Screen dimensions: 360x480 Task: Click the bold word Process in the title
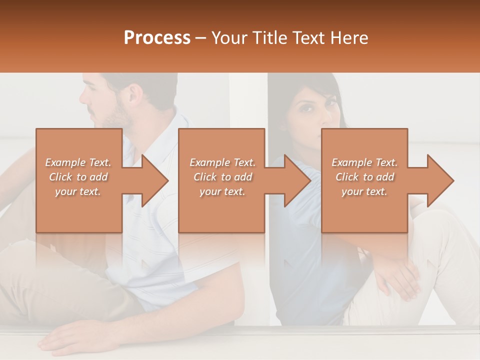pyautogui.click(x=157, y=38)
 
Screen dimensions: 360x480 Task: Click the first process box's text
pyautogui.click(x=78, y=177)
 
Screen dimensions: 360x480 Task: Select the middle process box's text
pyautogui.click(x=222, y=177)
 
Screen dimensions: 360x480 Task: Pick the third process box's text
pyautogui.click(x=364, y=177)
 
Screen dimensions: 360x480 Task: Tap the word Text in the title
pyautogui.click(x=308, y=38)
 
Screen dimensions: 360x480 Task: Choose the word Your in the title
pyautogui.click(x=228, y=38)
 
